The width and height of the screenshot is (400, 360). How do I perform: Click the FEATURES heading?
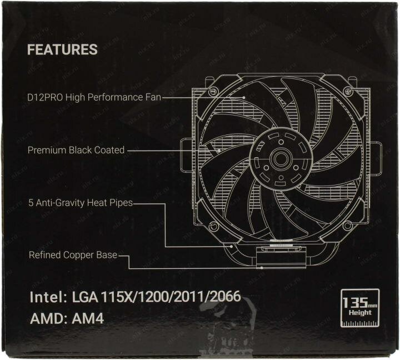pyautogui.click(x=62, y=49)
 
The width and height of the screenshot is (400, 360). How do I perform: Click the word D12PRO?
pyautogui.click(x=44, y=97)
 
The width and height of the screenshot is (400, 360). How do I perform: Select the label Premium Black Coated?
pyautogui.click(x=76, y=150)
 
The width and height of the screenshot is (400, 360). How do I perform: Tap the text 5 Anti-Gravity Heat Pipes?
pyautogui.click(x=81, y=203)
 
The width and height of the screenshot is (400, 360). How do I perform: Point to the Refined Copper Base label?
pyautogui.click(x=72, y=256)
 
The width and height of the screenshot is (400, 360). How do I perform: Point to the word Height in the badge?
pyautogui.click(x=360, y=313)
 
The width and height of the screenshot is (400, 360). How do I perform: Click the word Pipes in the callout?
pyautogui.click(x=121, y=203)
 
